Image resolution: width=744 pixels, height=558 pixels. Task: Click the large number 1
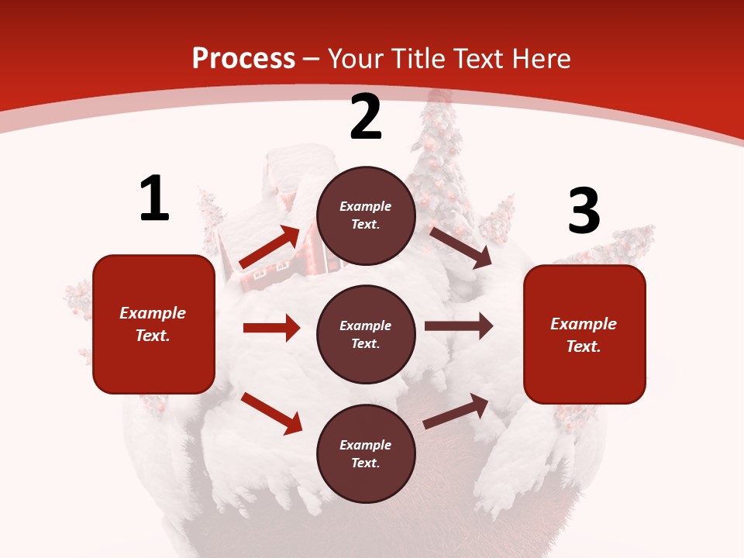click(154, 198)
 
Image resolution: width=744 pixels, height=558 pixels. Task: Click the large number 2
click(366, 118)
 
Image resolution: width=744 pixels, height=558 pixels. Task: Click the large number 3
click(584, 211)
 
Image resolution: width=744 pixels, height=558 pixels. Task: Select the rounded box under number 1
click(153, 324)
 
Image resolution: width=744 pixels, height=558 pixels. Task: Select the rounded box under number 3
click(584, 335)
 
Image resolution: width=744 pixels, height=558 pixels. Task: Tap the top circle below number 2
click(366, 215)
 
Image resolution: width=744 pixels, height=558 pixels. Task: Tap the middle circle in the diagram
click(366, 335)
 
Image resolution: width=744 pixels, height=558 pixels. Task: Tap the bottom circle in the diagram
click(366, 454)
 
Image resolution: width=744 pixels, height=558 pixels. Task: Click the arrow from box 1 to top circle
click(270, 247)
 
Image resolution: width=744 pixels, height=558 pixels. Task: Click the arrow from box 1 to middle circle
click(271, 328)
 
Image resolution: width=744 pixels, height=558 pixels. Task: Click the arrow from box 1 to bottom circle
click(271, 413)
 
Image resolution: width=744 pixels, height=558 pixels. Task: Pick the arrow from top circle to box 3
click(460, 247)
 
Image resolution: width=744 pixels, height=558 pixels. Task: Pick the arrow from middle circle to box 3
click(459, 326)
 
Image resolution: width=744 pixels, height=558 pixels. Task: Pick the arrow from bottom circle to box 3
click(456, 411)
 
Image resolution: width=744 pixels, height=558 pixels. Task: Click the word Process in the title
click(243, 58)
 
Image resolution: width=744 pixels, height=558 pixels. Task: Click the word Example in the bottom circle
click(366, 445)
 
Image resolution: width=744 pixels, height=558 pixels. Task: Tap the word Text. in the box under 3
click(584, 346)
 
